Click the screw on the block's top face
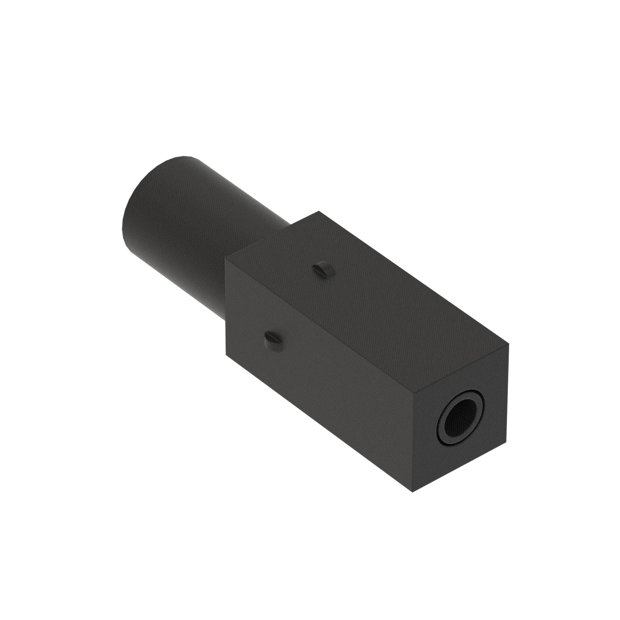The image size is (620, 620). (324, 270)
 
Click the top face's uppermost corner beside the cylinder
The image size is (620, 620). (318, 211)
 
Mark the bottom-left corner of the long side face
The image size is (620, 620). (227, 355)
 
